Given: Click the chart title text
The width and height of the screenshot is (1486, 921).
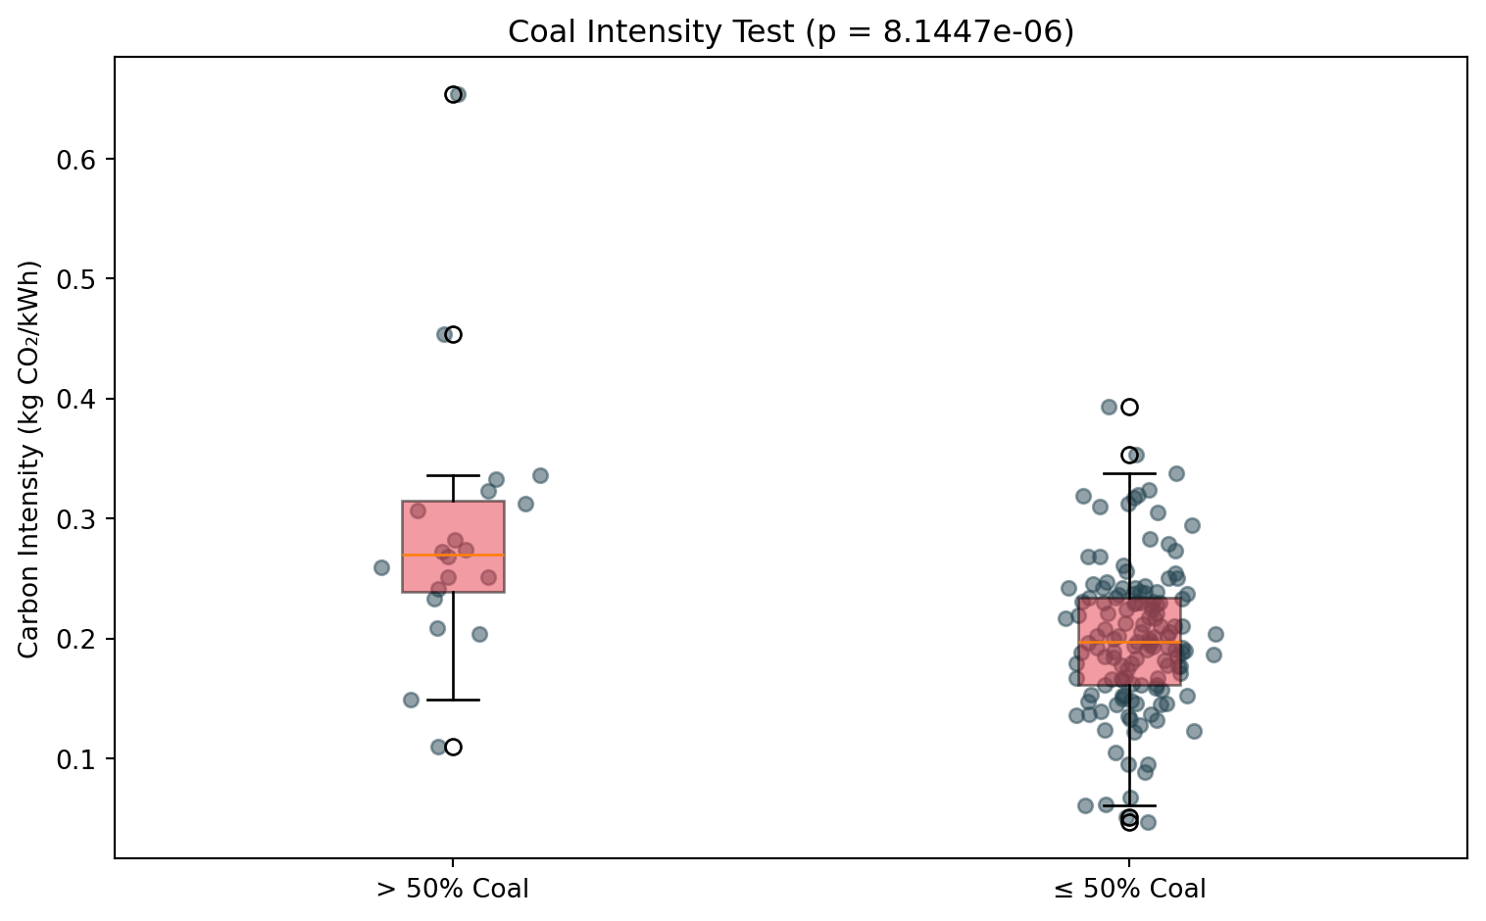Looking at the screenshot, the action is coord(791,31).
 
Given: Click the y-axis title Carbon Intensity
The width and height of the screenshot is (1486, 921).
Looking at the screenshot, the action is coord(28,460).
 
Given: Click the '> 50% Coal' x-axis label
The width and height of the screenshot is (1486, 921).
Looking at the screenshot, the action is coord(453,889).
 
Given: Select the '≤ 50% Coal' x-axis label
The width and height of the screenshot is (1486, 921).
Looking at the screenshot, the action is coord(1129,889).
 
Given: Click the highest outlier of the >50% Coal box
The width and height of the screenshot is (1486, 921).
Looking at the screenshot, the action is coord(453,95).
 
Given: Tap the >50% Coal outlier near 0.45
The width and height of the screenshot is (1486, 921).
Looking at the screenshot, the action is coord(453,335).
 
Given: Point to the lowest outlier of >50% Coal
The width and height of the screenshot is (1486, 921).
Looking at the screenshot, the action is coord(453,747).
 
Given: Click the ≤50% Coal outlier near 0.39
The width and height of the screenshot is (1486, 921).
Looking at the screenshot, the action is coord(1130,408).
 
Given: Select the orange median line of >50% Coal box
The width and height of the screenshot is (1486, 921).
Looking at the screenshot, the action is coord(453,555).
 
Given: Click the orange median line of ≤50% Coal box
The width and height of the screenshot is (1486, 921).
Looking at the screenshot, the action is coord(1130,642).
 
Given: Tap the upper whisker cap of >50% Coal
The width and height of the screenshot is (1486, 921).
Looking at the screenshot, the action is coord(453,475).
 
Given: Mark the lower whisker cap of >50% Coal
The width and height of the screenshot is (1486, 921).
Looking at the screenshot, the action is coord(453,700).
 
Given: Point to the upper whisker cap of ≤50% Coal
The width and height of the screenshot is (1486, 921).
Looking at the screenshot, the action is coord(1130,473).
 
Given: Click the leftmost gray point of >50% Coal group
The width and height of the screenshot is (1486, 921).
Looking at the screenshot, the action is coord(381,567).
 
